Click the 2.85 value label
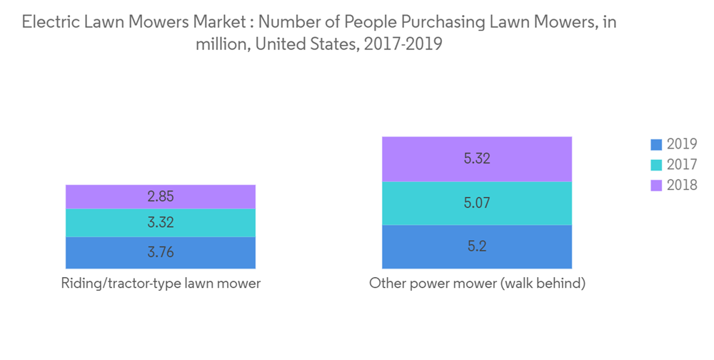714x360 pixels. pos(160,196)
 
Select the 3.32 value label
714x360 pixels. pos(160,223)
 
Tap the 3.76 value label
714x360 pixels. pos(160,252)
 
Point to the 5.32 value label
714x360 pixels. pos(477,159)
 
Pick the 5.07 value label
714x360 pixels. pos(477,203)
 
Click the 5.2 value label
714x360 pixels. pos(477,246)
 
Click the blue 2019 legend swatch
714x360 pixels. pos(656,145)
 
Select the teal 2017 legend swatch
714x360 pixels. pos(656,165)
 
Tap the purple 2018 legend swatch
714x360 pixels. pos(656,186)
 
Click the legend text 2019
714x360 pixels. pos(682,145)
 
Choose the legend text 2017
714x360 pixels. pos(682,165)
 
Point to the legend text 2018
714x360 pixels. pos(682,186)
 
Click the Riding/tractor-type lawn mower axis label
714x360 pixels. pos(160,284)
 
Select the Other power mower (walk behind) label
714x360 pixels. pos(477,284)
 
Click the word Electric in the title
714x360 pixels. pos(49,22)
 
